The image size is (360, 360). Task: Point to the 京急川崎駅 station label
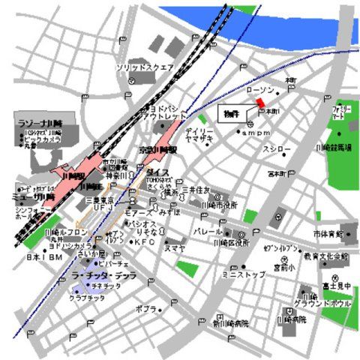[160, 151]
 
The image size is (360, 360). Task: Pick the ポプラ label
[145, 308]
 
